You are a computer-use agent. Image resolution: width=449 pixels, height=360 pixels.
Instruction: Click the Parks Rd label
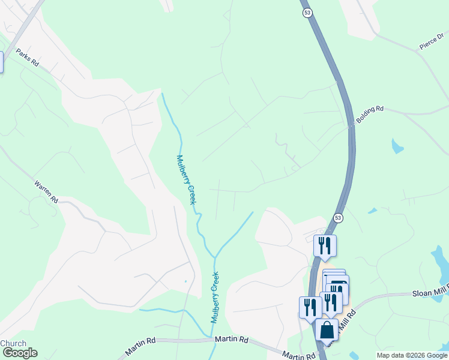pos(27,57)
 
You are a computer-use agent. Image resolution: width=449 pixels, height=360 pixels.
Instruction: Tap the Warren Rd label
pos(46,191)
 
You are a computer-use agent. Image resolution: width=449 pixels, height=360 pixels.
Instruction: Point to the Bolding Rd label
pos(369,115)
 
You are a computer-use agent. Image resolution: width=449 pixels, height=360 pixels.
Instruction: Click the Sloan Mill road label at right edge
pos(429,293)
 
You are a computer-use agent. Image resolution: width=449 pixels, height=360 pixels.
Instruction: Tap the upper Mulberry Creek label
pos(186,179)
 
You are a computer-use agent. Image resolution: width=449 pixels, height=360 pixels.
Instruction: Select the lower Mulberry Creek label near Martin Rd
pos(214,297)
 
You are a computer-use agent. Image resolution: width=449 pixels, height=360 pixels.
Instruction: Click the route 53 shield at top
pos(307,13)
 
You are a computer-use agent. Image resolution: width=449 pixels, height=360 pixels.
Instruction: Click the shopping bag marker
pos(327,330)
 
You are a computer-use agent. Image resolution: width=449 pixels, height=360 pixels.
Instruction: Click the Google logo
pos(19,353)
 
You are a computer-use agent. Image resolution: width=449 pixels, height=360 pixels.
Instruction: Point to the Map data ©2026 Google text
pos(412,355)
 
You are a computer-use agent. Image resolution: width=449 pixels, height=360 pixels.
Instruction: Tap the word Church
pos(13,344)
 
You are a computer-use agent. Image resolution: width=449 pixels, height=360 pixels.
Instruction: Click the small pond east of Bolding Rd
pos(397,146)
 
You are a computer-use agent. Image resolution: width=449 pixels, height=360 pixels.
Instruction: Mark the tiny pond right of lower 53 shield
pos(373,211)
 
